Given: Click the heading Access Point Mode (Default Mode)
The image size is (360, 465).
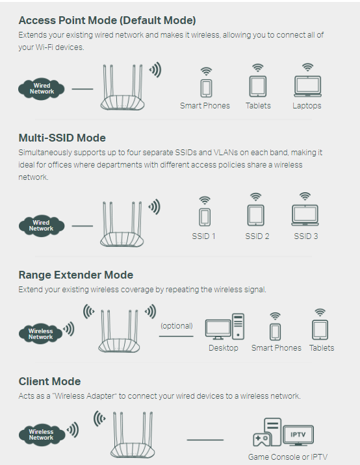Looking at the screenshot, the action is click(107, 21).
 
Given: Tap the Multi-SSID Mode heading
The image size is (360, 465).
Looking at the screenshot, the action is click(62, 138).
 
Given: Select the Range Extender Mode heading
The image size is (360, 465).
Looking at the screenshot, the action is click(75, 275).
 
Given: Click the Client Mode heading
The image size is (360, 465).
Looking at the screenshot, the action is click(49, 381).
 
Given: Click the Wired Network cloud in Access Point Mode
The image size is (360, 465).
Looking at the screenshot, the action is click(41, 89).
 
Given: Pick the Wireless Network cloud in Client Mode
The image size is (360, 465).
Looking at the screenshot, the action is click(41, 434).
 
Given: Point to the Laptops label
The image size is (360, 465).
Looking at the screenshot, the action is click(307, 106).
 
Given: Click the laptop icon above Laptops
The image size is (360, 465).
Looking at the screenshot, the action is click(308, 86).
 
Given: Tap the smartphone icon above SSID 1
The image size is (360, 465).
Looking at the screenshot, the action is click(205, 217).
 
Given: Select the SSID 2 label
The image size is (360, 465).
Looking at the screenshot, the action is click(257, 236).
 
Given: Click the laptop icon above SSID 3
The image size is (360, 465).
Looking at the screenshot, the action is click(305, 215).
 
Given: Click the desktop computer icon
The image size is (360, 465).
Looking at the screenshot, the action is click(225, 327).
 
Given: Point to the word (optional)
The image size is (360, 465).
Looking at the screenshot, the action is click(177, 326).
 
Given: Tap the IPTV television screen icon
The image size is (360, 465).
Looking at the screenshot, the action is click(298, 435).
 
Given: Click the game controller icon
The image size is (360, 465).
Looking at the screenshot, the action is click(261, 439).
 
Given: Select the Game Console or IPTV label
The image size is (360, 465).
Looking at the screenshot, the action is click(288, 457).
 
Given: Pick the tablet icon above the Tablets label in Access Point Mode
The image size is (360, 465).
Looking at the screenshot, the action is click(257, 86).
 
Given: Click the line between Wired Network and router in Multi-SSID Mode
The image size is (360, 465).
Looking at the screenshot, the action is click(83, 226).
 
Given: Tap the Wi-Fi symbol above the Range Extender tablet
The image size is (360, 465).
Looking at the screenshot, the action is click(320, 312).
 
